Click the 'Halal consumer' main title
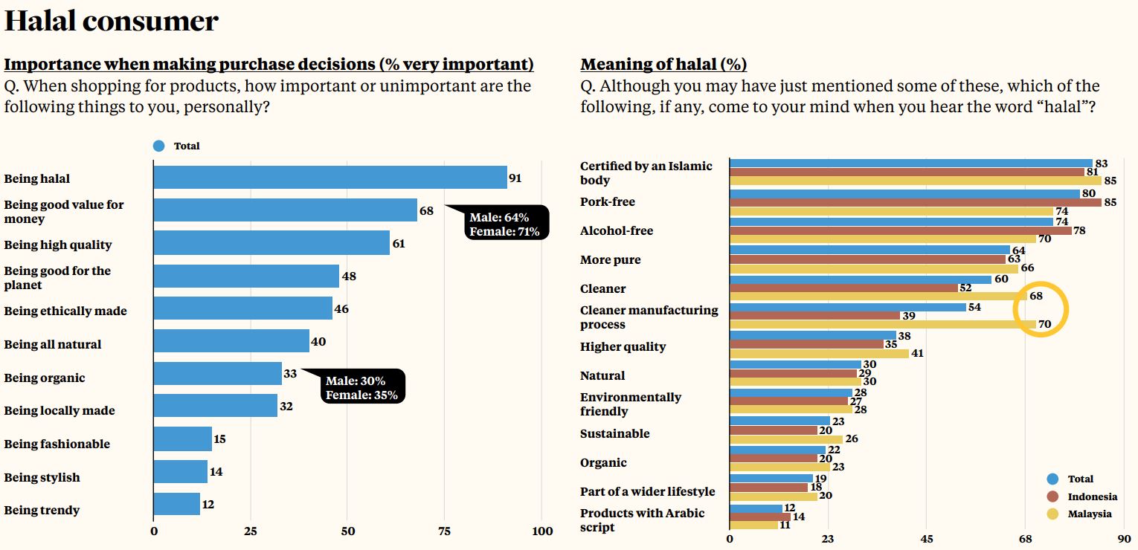[112, 21]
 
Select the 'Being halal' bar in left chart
[330, 178]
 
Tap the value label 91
[515, 178]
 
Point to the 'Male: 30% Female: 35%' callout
[363, 387]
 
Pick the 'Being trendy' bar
[177, 504]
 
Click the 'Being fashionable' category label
[57, 444]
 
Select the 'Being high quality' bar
[271, 243]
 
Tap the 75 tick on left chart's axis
[445, 531]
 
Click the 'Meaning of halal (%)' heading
[663, 65]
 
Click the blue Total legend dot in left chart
[158, 146]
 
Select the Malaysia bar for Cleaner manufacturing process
[883, 325]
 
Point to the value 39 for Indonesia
[908, 316]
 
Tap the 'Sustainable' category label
[615, 433]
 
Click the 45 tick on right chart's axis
[927, 538]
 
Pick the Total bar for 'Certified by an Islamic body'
[911, 163]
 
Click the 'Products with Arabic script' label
[642, 520]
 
